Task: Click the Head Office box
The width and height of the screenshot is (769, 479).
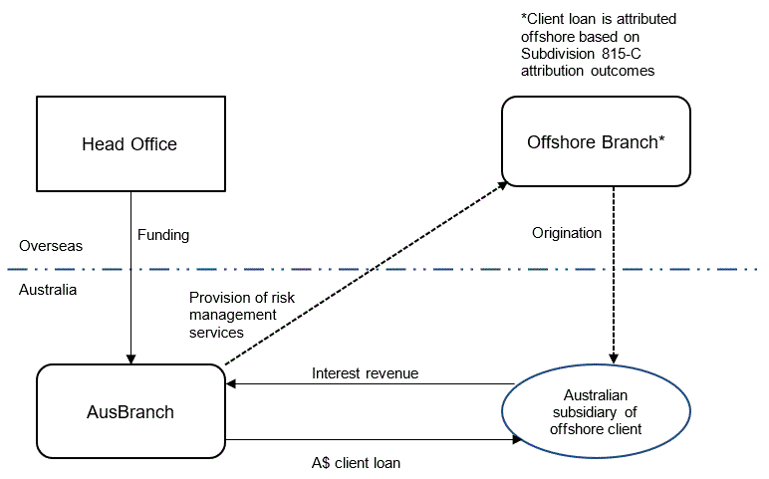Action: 129,144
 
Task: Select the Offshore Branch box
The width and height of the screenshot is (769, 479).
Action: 596,141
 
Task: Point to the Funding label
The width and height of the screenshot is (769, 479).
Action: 162,235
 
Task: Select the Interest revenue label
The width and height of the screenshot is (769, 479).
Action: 365,373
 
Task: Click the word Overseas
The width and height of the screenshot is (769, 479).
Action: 50,245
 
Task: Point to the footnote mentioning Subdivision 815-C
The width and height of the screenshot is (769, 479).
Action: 588,46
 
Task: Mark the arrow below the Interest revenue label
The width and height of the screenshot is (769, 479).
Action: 369,384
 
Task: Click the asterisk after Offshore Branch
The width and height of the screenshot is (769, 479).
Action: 661,141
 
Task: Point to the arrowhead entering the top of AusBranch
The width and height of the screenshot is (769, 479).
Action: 130,359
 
